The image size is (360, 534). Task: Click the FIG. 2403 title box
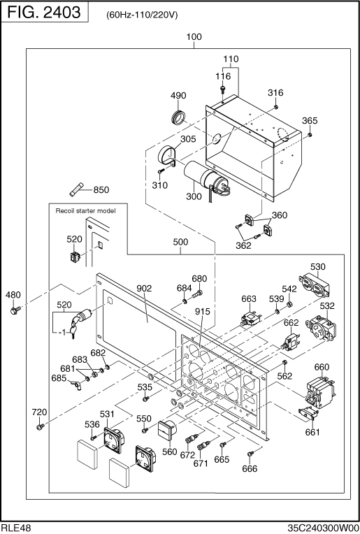[45, 12]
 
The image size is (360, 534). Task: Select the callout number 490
[178, 96]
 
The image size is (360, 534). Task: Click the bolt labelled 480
[15, 310]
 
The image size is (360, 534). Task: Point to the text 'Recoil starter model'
[85, 211]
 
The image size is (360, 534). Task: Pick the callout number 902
[144, 289]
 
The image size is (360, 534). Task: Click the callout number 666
[250, 468]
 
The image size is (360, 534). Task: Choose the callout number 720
[39, 412]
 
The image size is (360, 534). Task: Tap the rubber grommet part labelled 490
[178, 117]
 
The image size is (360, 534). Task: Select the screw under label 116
[222, 89]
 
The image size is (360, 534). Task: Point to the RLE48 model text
[15, 528]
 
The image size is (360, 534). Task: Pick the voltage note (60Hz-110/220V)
[142, 15]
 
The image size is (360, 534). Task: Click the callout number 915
[203, 312]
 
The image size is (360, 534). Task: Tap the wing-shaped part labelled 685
[76, 385]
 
